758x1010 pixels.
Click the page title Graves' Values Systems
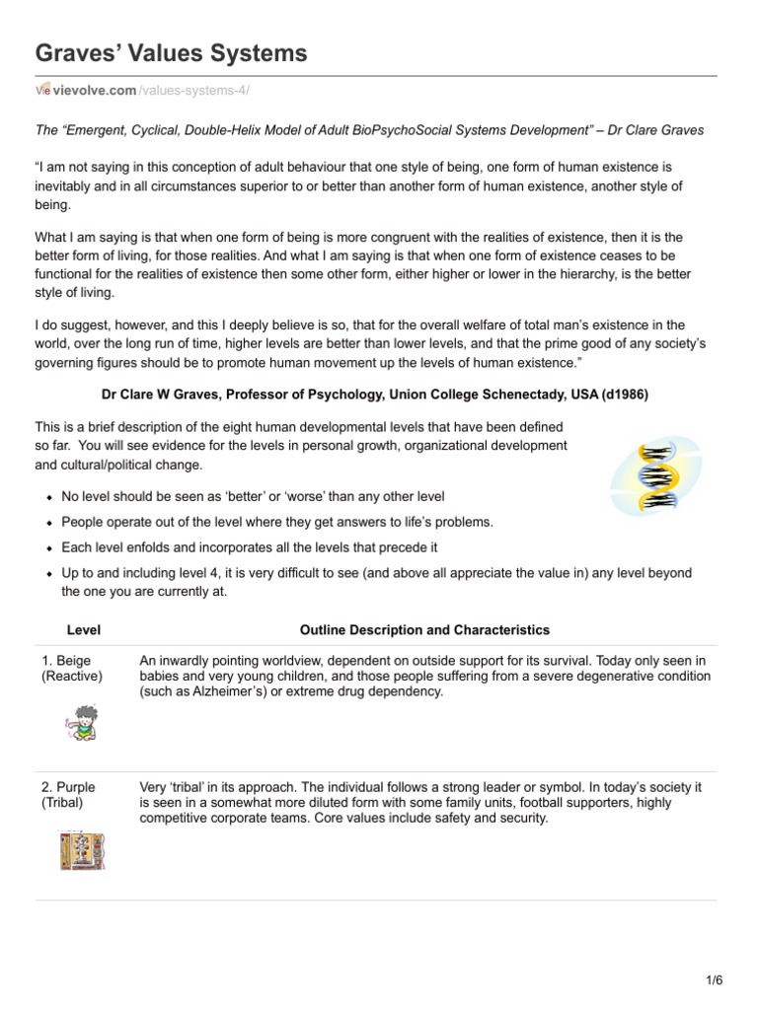click(x=171, y=53)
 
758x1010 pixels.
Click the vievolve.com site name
click(x=95, y=91)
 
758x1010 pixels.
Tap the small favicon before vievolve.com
click(x=42, y=91)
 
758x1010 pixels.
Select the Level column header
click(x=83, y=629)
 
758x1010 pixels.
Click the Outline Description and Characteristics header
click(x=424, y=629)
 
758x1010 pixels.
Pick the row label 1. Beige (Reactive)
click(x=72, y=668)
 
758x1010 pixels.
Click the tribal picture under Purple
click(x=83, y=850)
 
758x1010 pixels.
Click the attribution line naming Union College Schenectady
click(x=375, y=395)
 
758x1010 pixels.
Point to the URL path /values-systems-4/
click(x=193, y=91)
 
